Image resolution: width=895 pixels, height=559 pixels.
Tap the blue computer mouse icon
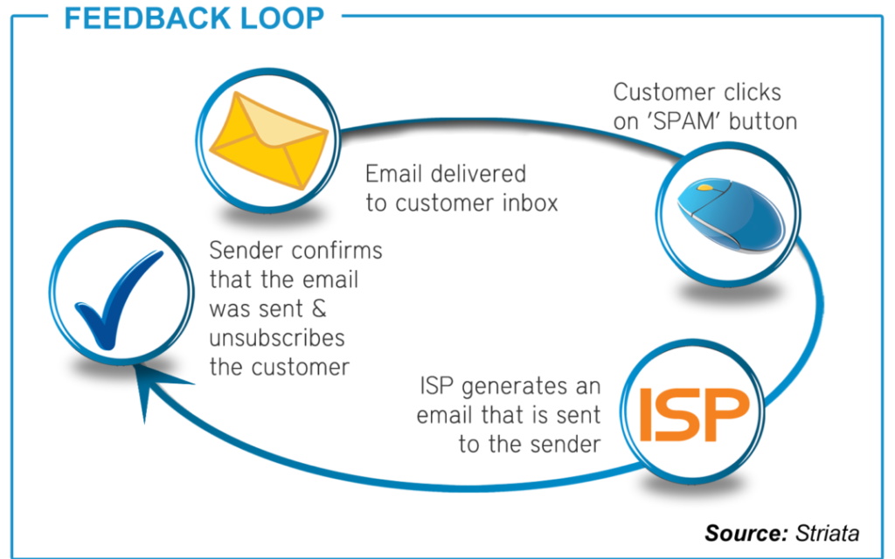pos(731,215)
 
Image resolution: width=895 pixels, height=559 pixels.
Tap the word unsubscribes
pos(277,338)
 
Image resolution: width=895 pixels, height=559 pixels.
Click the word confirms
pos(336,251)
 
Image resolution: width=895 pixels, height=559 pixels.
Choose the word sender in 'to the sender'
pos(565,444)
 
